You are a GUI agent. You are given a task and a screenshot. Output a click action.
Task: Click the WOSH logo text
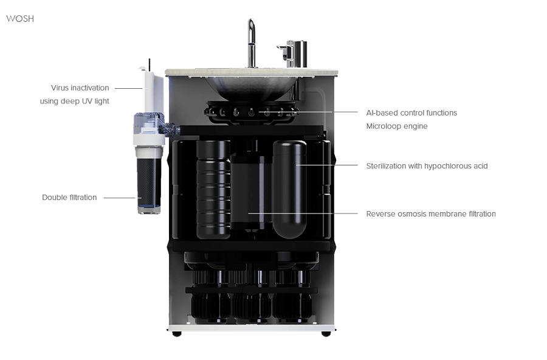[x=20, y=19]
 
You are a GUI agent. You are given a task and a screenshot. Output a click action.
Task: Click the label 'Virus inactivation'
[x=80, y=88]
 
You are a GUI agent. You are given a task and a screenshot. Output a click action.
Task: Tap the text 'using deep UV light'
[x=75, y=101]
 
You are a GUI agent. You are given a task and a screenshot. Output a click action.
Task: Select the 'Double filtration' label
[x=69, y=198]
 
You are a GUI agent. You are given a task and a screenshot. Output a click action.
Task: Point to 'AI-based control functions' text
[x=411, y=113]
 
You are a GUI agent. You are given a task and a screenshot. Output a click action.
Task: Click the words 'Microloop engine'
[x=397, y=126]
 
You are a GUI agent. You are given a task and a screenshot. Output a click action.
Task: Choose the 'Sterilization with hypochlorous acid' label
[x=427, y=166]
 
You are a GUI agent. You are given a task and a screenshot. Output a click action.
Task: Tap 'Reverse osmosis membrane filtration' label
[x=430, y=214]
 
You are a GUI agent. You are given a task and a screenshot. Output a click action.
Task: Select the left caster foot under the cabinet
[x=177, y=334]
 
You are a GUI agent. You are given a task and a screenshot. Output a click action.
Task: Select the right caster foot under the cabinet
[x=326, y=334]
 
